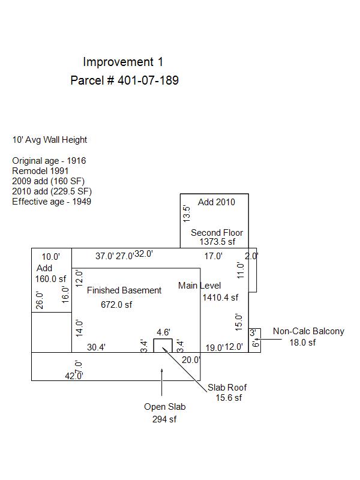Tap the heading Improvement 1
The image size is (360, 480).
[123, 62]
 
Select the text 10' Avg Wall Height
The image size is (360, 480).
[50, 140]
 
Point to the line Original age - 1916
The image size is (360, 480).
[49, 161]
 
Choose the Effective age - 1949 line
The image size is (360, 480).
[52, 202]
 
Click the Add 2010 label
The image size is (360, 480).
[217, 202]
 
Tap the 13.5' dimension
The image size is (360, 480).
[187, 213]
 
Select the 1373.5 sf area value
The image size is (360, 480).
[217, 242]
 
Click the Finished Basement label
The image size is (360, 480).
[124, 290]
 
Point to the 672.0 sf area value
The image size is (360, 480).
[116, 305]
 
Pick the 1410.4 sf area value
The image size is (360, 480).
[220, 297]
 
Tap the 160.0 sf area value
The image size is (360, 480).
[51, 278]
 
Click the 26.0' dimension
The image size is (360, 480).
[40, 300]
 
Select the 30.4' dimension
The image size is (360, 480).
[96, 347]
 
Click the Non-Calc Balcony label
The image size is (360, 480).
[308, 331]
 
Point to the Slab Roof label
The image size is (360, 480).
[227, 387]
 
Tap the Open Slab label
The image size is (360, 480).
[164, 407]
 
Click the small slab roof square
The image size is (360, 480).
[163, 346]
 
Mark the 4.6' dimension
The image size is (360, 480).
[163, 332]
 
